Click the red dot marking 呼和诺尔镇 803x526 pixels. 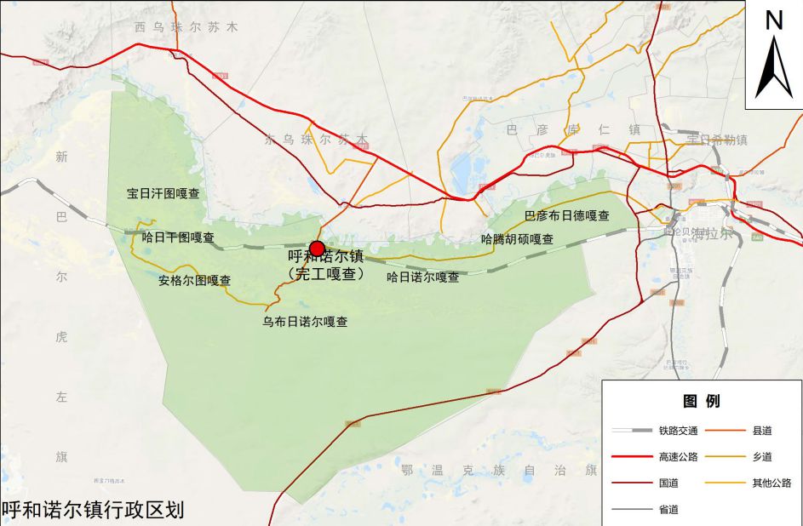coord(317,249)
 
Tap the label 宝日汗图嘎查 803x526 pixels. coord(163,194)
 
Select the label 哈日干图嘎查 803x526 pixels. coord(178,237)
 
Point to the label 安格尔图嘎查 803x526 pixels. coord(195,280)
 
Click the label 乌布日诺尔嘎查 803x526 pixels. coord(305,322)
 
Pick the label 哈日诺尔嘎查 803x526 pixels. coord(422,277)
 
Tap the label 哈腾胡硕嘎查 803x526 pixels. coord(517,239)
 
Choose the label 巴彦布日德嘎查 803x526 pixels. coord(566,215)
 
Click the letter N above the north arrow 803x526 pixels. coord(773,20)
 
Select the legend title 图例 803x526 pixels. coord(701,401)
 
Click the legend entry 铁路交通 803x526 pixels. coord(678,431)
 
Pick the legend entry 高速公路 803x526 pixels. coord(678,457)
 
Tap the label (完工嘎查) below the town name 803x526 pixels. coord(326,274)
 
